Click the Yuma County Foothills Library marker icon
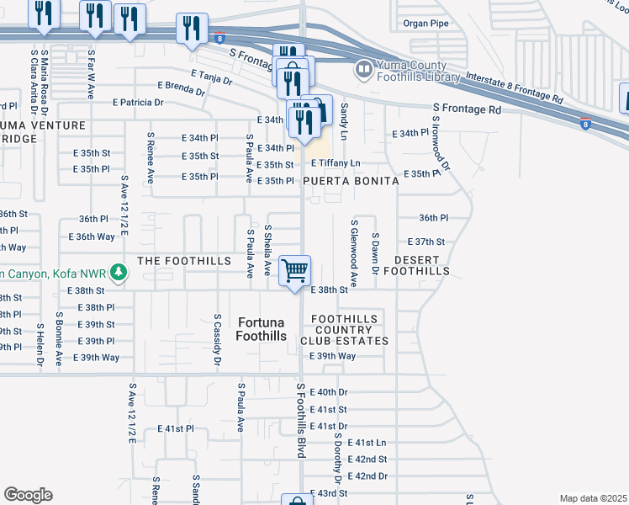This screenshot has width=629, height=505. [365, 69]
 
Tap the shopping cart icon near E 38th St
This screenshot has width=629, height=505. [294, 271]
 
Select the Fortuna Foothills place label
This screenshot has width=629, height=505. [262, 329]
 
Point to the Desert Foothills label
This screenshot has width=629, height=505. [416, 265]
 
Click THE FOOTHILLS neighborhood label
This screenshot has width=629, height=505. [184, 262]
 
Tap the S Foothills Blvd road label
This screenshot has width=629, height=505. [300, 419]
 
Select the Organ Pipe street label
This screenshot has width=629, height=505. [427, 24]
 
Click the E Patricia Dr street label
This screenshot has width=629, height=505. [138, 103]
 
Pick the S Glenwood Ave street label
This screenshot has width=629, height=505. [354, 254]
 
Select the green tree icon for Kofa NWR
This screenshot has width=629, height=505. [119, 272]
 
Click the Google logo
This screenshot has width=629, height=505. [28, 495]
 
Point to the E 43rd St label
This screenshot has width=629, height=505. [329, 493]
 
